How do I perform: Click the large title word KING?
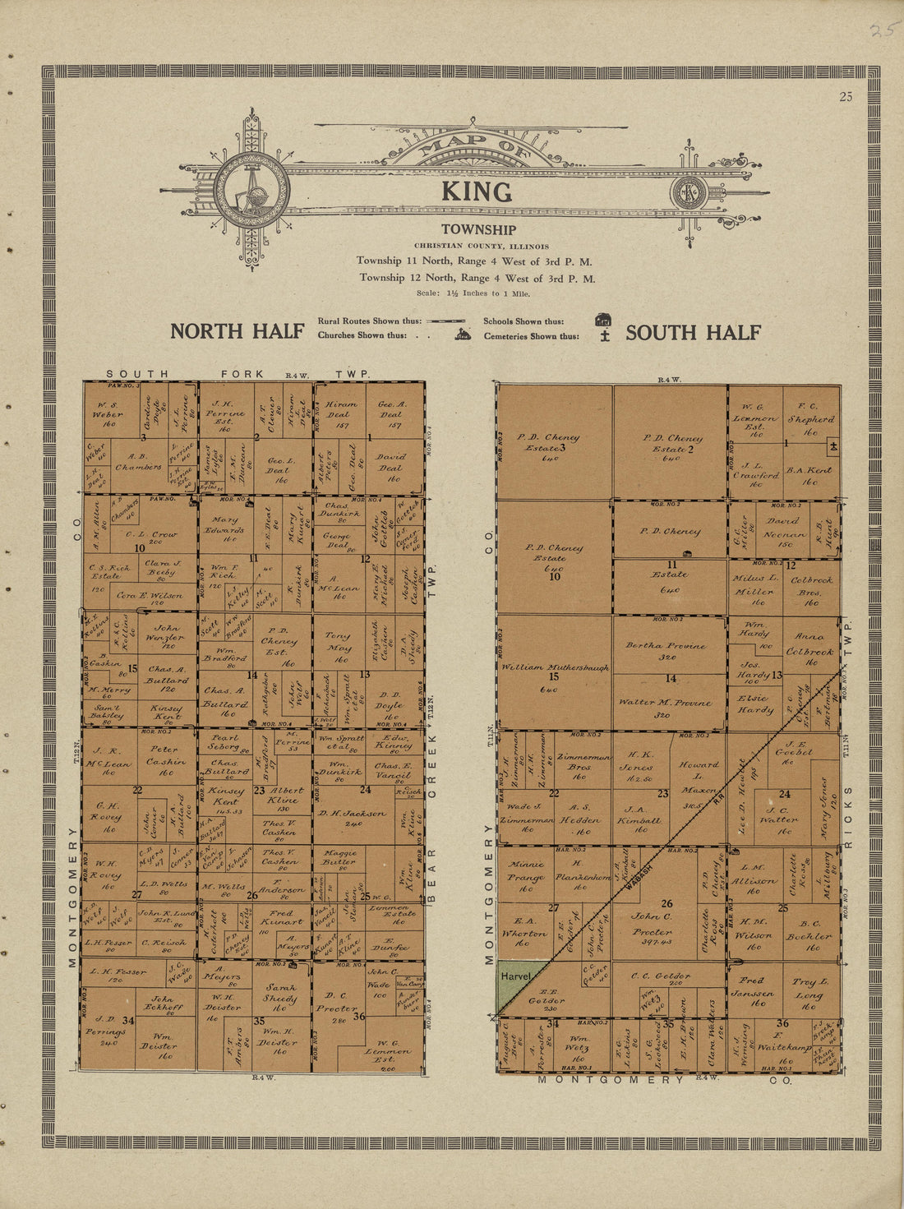coord(477,192)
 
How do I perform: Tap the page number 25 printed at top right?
coord(846,97)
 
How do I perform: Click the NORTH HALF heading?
coord(238,331)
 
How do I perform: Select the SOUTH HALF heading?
coord(693,332)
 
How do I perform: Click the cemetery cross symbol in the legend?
coord(605,336)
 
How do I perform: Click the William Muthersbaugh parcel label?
coord(556,668)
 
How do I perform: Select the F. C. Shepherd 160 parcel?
coord(809,418)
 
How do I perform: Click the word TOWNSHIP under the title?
coord(478,230)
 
